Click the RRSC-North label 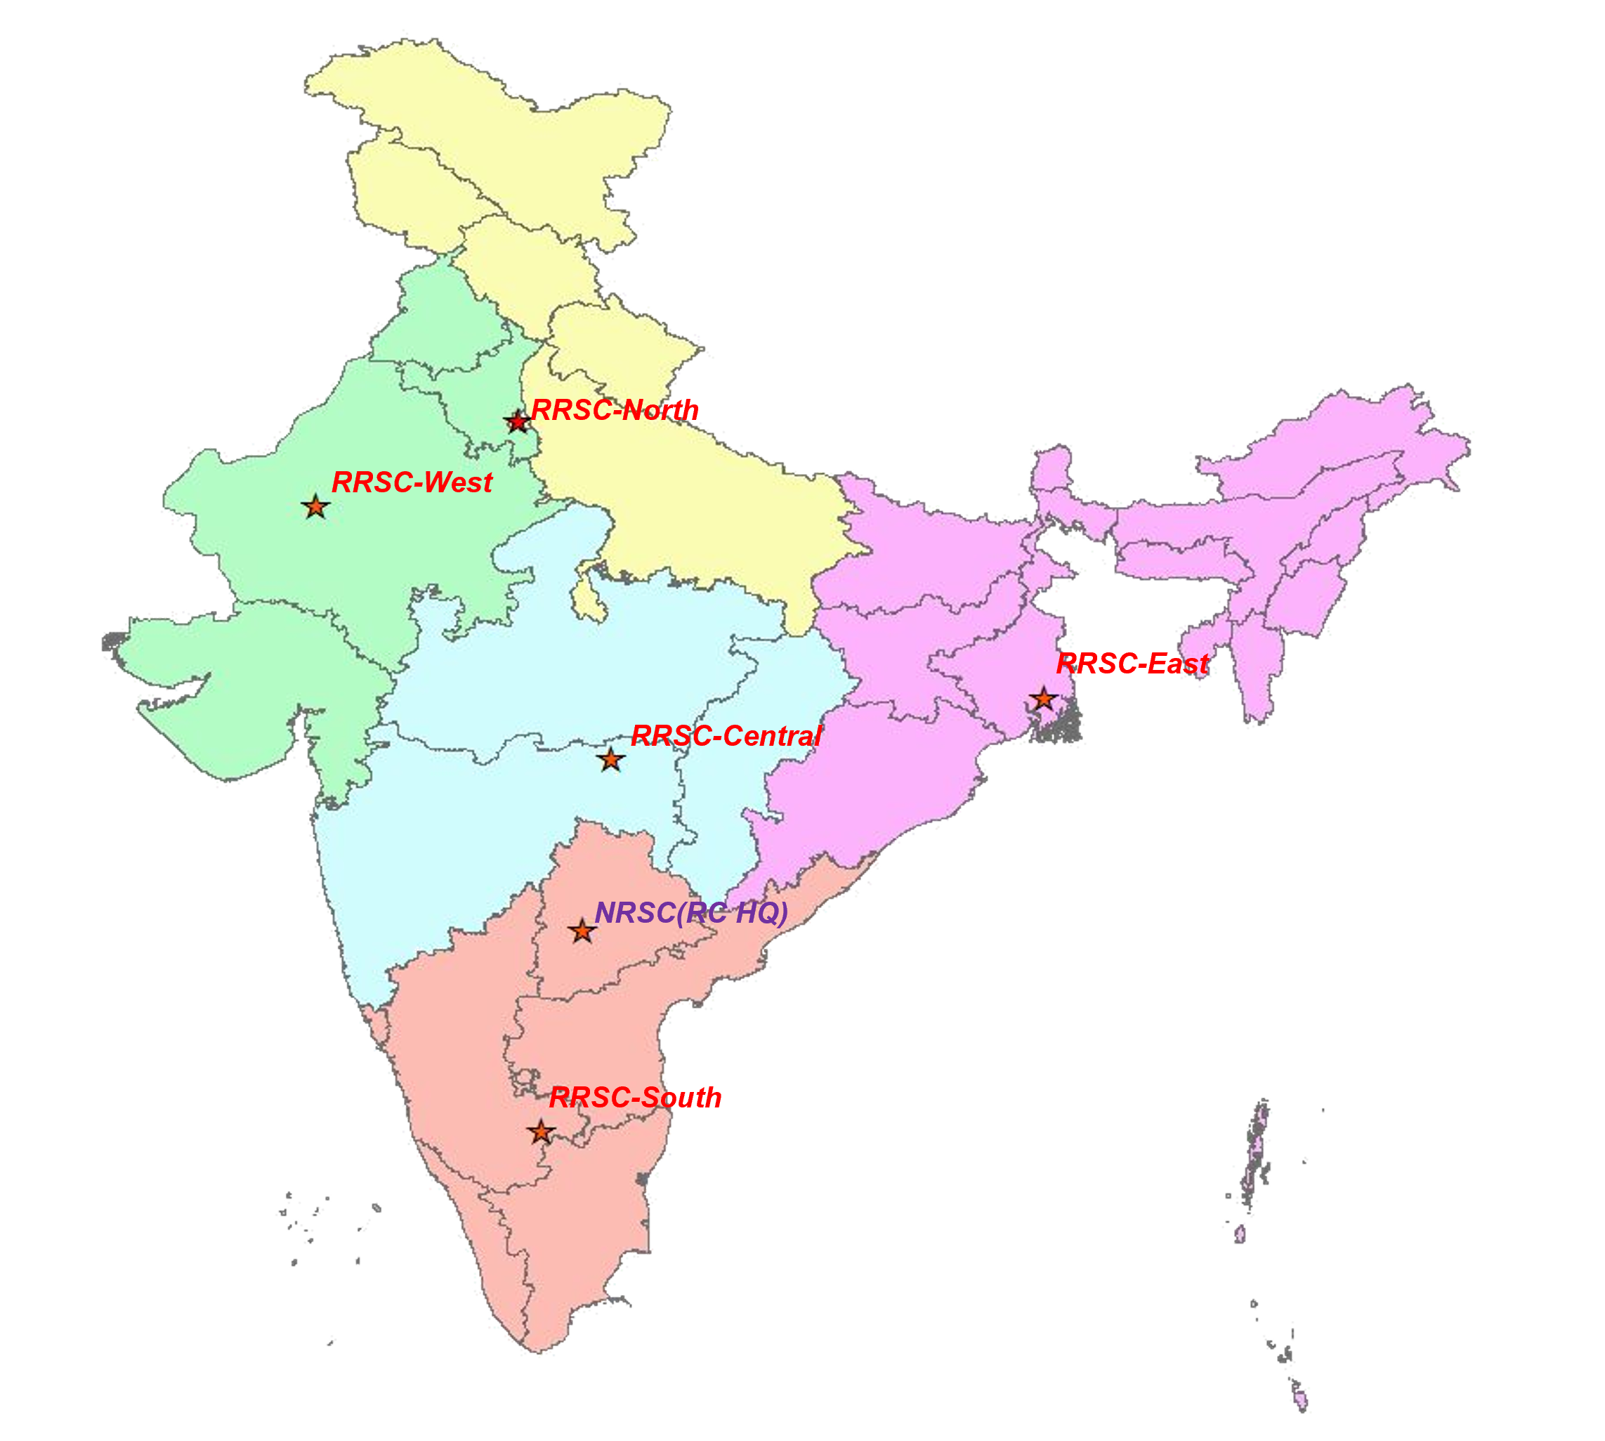615,410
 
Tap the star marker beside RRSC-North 517,422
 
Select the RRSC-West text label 412,482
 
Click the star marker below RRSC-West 315,507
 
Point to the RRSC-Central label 726,737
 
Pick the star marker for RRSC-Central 610,760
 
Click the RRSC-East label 1132,664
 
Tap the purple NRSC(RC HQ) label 690,913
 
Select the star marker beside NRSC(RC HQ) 582,931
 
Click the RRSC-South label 635,1098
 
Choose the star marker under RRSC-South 541,1132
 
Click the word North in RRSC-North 660,410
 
